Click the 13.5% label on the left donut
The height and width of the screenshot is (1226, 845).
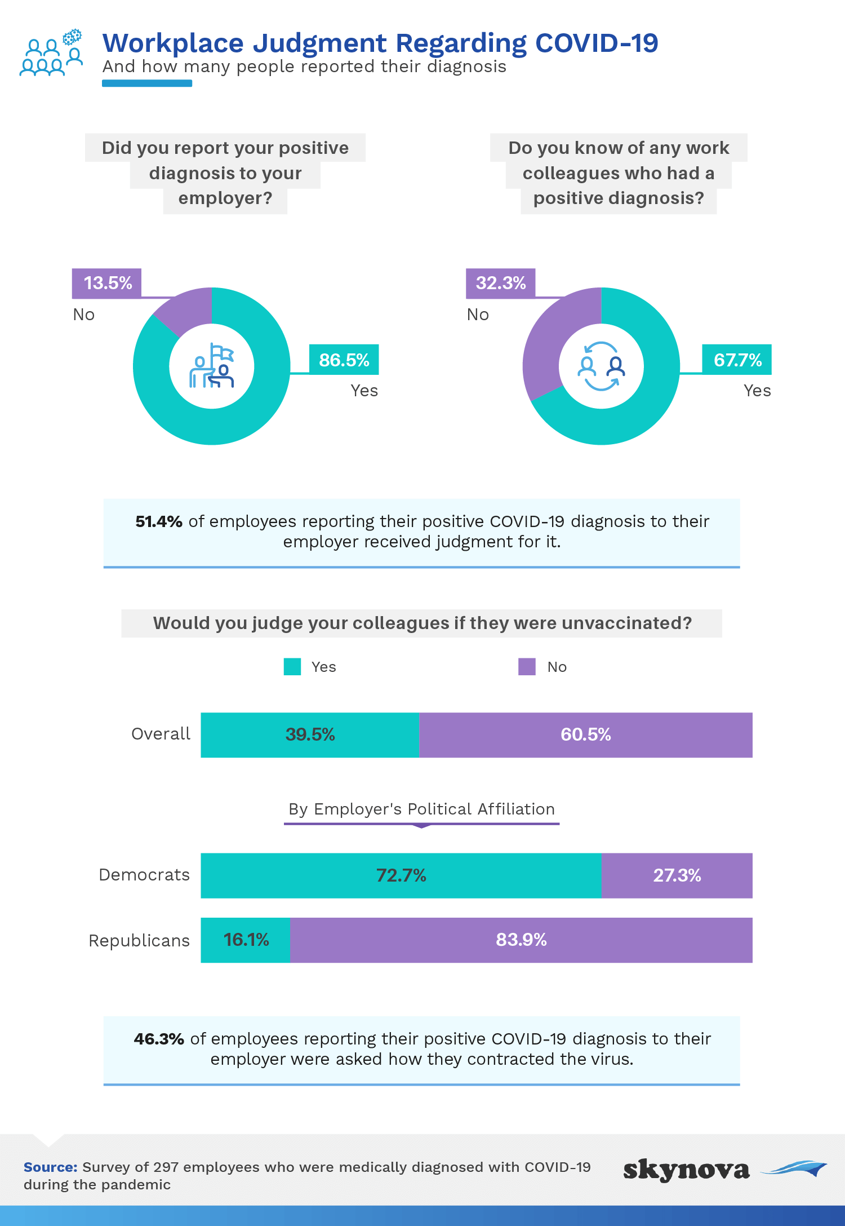106,283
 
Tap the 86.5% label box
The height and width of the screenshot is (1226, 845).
344,360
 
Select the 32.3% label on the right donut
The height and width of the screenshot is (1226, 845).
500,283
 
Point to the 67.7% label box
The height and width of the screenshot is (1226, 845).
737,360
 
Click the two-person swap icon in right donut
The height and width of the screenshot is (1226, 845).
602,366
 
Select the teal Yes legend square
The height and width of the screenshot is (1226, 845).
292,667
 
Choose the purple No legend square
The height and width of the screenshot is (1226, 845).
527,667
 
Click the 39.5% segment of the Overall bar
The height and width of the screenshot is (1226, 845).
310,735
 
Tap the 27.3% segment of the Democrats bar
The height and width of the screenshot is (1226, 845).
677,875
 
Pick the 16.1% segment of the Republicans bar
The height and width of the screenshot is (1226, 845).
246,940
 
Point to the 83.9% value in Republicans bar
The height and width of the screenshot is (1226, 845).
521,940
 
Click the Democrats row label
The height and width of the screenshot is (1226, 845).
144,875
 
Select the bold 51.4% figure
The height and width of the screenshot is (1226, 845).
159,521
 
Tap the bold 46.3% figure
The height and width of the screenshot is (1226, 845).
159,1039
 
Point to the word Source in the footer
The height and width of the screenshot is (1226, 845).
50,1167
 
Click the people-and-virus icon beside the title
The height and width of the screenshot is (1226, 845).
51,52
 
